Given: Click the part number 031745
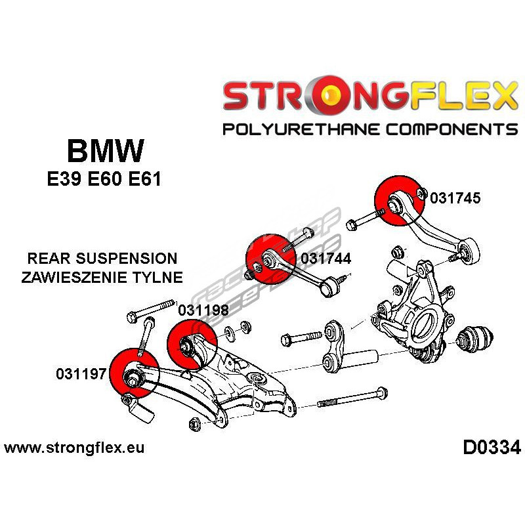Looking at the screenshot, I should pyautogui.click(x=455, y=198).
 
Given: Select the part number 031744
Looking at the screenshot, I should pyautogui.click(x=325, y=259).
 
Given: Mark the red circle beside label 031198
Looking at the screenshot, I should pyautogui.click(x=191, y=345).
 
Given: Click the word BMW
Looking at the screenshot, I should pyautogui.click(x=105, y=152).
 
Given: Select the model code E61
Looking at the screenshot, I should pyautogui.click(x=142, y=180).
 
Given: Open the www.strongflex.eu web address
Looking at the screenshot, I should pyautogui.click(x=74, y=449).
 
